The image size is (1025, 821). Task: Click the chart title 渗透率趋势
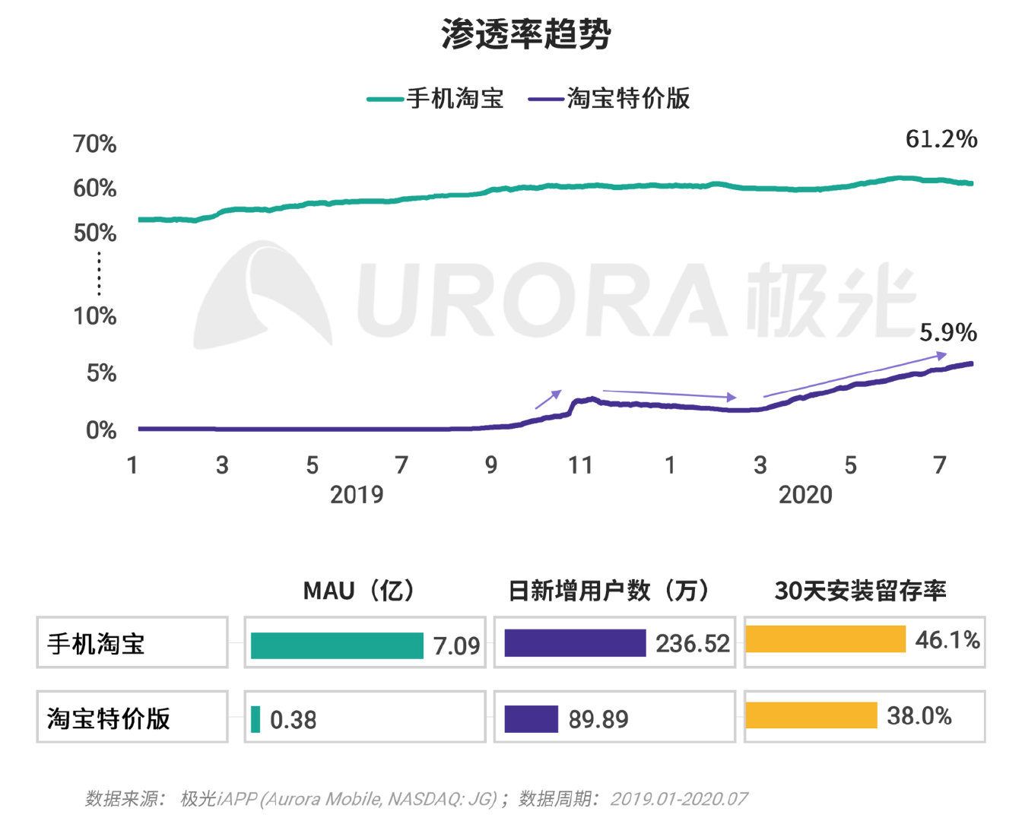click(525, 34)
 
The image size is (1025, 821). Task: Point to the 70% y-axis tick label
click(95, 144)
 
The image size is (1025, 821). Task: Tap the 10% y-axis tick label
click(95, 315)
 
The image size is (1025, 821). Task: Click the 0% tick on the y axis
click(101, 430)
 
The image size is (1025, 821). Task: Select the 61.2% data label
click(941, 139)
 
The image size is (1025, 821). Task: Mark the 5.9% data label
click(947, 332)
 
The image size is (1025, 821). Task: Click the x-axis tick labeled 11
click(580, 465)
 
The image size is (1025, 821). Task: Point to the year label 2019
click(357, 495)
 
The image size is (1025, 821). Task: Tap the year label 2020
click(805, 495)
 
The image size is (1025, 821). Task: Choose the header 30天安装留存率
click(860, 591)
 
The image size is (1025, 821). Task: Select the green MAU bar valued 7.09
click(337, 645)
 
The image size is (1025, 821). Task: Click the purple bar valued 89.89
click(531, 719)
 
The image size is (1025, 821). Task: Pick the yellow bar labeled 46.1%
click(825, 639)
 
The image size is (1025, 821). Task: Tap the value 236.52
click(692, 644)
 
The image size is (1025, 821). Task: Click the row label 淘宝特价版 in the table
click(109, 718)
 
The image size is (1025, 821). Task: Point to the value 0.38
click(293, 720)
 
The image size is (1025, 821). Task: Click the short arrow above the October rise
click(548, 399)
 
